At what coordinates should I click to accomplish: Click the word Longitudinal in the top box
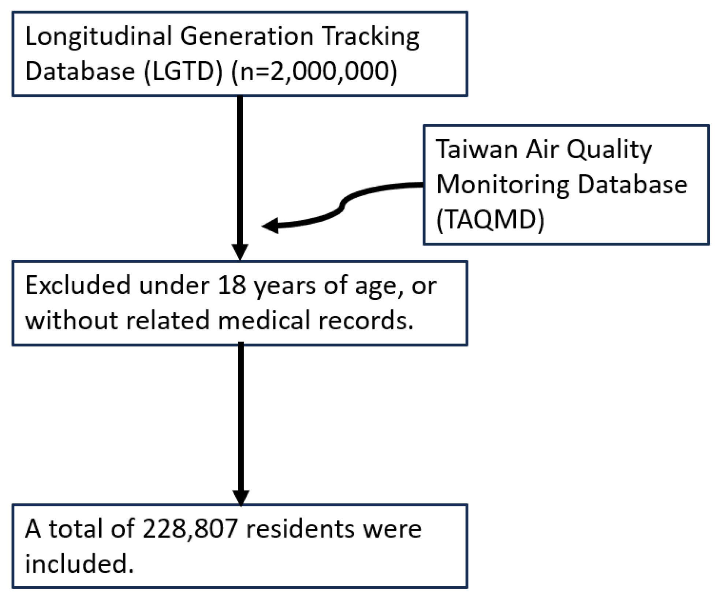(x=98, y=37)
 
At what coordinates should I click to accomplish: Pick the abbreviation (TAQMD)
(x=490, y=220)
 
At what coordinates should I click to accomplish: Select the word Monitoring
(x=503, y=185)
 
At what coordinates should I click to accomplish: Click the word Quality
(x=609, y=150)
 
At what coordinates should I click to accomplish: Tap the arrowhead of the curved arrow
(x=270, y=225)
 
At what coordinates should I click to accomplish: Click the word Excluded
(x=78, y=285)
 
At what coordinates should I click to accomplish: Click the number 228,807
(x=190, y=530)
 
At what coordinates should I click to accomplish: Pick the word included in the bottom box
(x=79, y=564)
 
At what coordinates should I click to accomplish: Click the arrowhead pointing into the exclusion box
(x=240, y=252)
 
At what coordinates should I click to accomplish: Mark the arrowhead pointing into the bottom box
(x=241, y=498)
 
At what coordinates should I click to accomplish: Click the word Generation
(x=247, y=37)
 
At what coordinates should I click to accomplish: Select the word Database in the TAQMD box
(x=633, y=184)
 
